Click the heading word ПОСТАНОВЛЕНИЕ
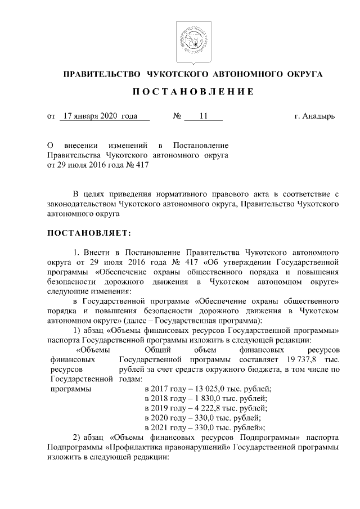click(193, 92)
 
